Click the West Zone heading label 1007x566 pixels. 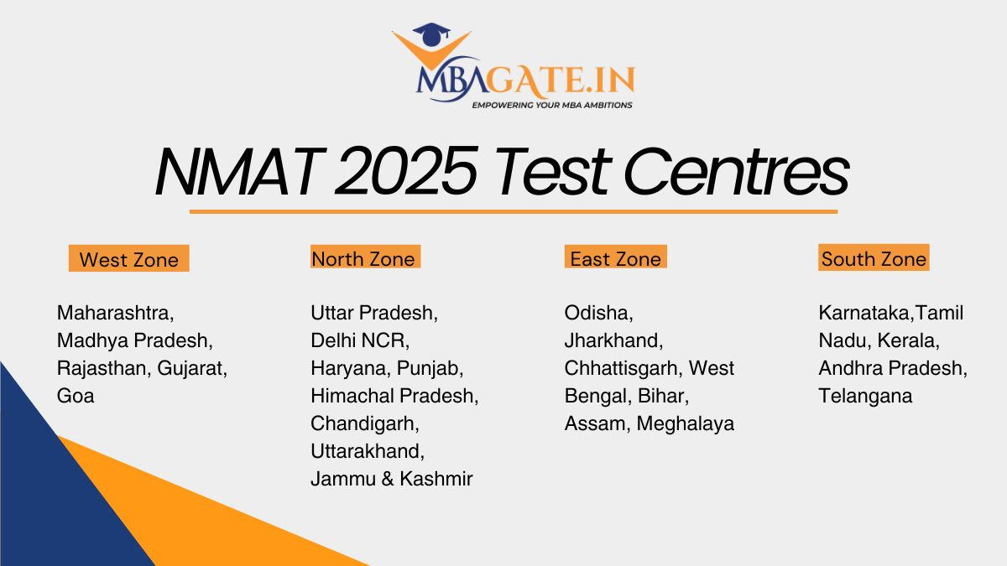point(128,259)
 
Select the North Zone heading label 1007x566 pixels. point(363,258)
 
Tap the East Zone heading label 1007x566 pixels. point(615,258)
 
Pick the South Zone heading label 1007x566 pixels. point(874,258)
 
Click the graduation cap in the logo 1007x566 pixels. point(431,34)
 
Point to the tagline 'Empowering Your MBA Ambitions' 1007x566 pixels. point(551,106)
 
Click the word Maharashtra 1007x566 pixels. point(115,313)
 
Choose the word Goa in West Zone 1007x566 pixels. point(76,396)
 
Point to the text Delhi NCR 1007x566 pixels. point(360,340)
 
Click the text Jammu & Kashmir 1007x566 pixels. point(391,479)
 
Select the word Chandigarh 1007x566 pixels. point(365,423)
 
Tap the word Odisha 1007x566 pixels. point(598,313)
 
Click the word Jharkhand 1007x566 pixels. point(613,340)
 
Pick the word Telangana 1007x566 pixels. point(865,396)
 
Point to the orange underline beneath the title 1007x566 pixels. point(513,211)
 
